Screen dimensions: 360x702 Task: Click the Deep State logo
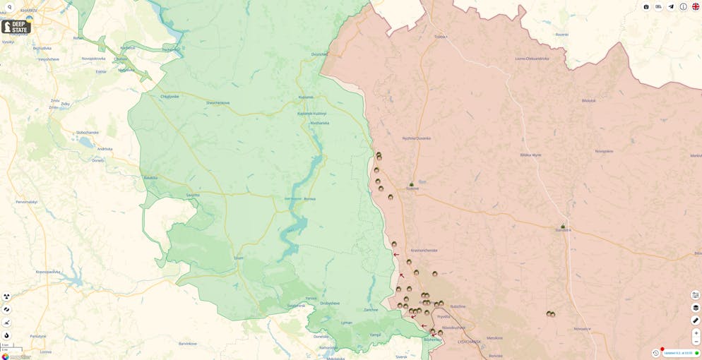tap(16, 27)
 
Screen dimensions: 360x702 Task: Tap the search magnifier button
tap(9, 7)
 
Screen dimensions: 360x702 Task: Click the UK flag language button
tap(696, 6)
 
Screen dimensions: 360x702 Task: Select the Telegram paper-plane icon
tap(671, 6)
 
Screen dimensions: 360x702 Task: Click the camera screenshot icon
tap(646, 6)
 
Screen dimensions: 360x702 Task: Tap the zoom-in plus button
tap(696, 332)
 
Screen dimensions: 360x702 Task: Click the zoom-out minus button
tap(696, 342)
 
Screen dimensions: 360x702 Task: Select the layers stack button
tap(696, 308)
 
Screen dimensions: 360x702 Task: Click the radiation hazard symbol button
tap(6, 296)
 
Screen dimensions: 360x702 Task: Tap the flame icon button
tap(6, 335)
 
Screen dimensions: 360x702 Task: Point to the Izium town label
tap(239, 258)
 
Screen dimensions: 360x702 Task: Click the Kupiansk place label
tap(306, 97)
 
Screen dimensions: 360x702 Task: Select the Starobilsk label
tap(563, 230)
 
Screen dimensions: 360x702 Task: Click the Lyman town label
tap(346, 323)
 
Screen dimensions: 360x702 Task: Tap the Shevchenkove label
tap(218, 102)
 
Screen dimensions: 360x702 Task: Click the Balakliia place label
tap(150, 177)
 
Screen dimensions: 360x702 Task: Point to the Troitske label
tap(441, 36)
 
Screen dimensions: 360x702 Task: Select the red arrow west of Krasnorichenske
tap(396, 255)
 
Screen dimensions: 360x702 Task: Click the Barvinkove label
tap(188, 343)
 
